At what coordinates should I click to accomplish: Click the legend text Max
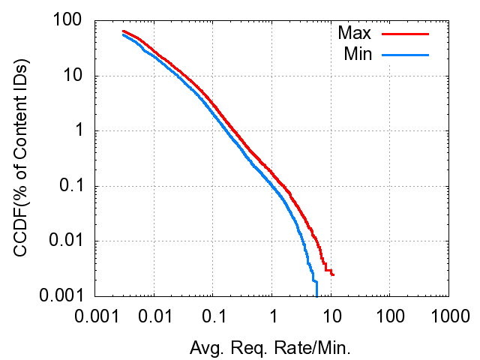[354, 34]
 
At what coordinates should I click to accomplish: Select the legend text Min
[357, 54]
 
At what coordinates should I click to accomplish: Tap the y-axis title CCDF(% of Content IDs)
[22, 159]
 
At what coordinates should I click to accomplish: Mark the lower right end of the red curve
[333, 274]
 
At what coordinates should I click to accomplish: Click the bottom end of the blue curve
[316, 295]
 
